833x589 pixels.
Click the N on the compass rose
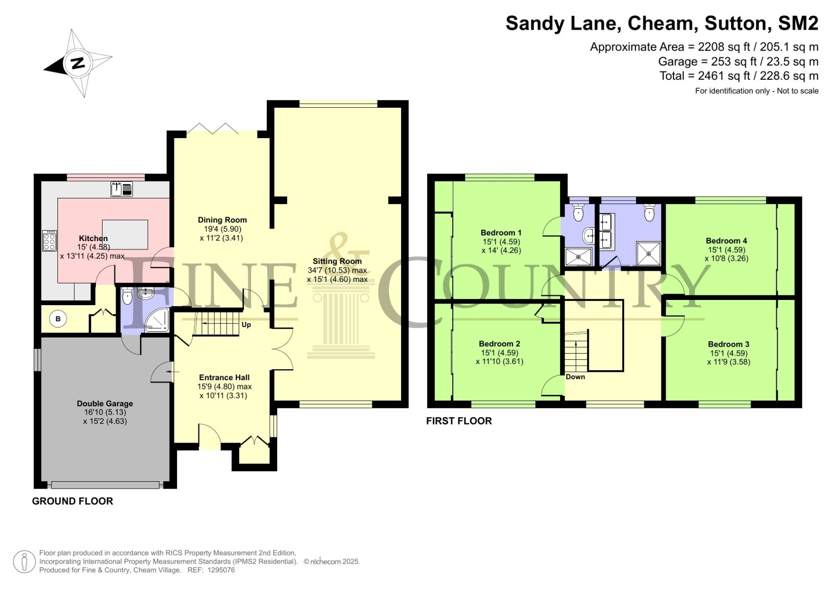(78, 63)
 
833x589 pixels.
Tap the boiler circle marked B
(58, 319)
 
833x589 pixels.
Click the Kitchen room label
(93, 239)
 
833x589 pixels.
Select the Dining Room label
(222, 220)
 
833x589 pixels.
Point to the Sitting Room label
(337, 261)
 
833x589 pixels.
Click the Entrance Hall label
(224, 378)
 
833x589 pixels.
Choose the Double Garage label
(105, 404)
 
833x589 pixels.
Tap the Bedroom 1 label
(501, 233)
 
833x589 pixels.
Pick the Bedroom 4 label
(726, 241)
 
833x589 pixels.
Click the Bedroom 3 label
(728, 344)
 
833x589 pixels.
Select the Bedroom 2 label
(500, 344)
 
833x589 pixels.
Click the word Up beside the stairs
(246, 325)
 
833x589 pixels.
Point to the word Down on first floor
(575, 377)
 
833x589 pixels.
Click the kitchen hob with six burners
(49, 241)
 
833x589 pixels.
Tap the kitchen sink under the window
(121, 189)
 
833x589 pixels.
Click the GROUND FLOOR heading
(72, 501)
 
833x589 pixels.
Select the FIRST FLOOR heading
(459, 421)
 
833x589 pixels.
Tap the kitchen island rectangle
(125, 235)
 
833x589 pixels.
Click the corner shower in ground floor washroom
(157, 320)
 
